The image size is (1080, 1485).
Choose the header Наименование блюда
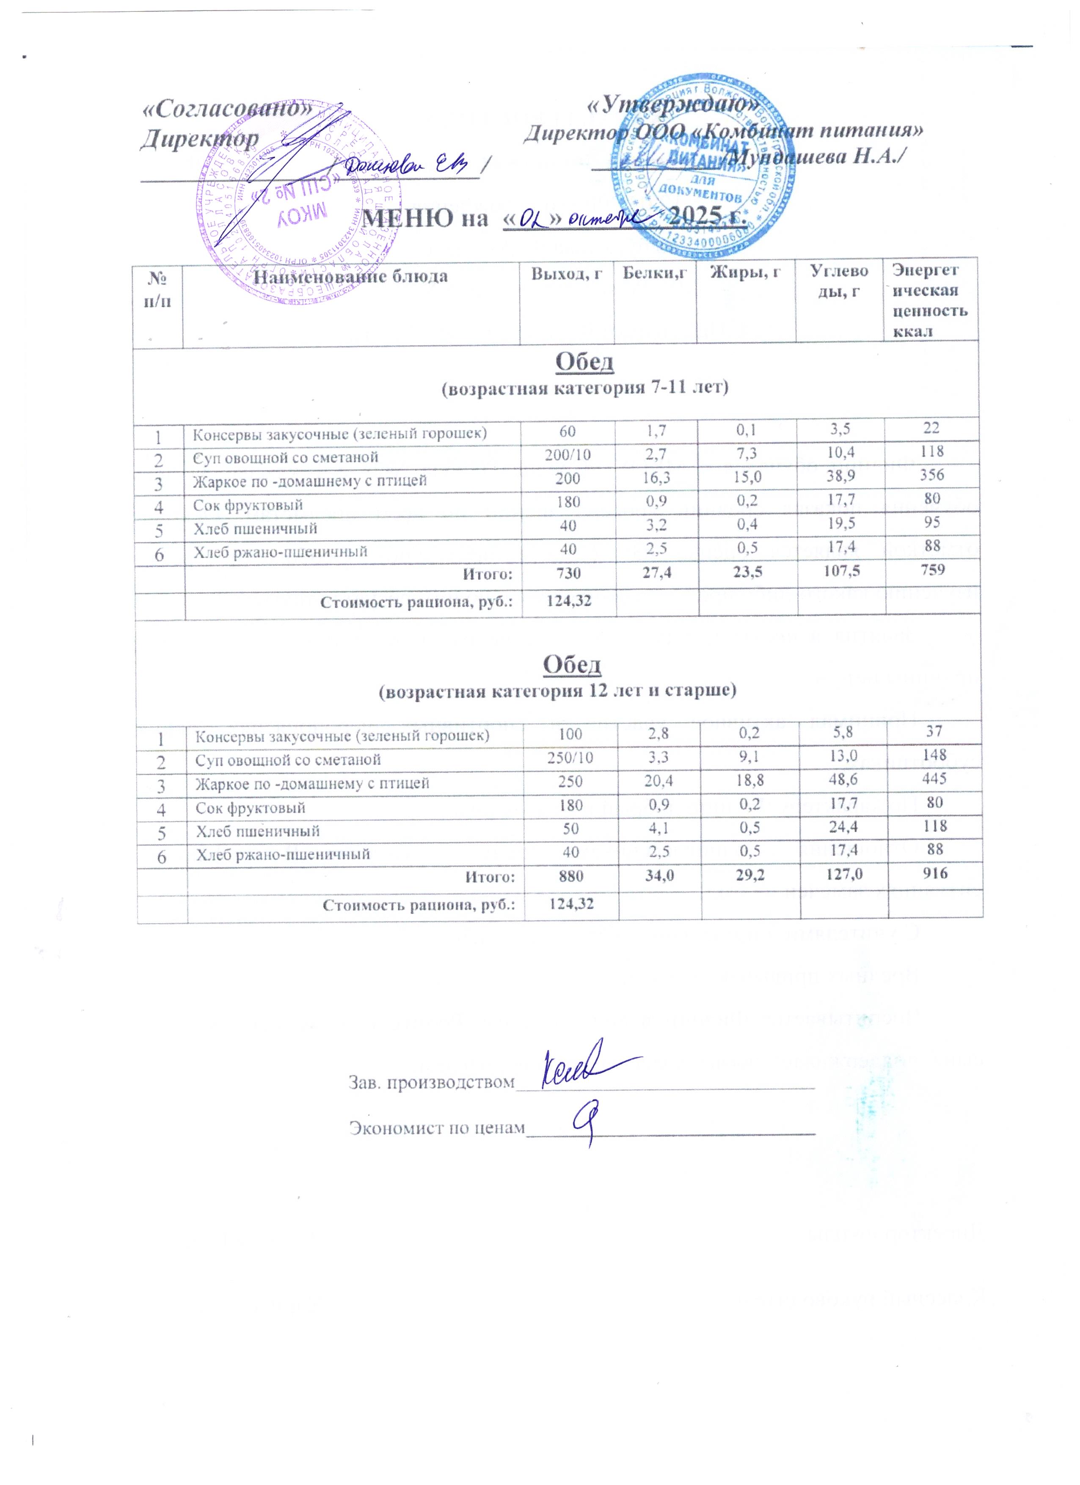(350, 276)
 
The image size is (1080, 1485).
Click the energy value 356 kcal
(931, 475)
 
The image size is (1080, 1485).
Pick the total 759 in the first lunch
(932, 569)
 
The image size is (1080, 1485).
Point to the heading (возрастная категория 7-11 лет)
(585, 388)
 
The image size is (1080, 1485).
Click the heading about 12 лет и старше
(559, 691)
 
